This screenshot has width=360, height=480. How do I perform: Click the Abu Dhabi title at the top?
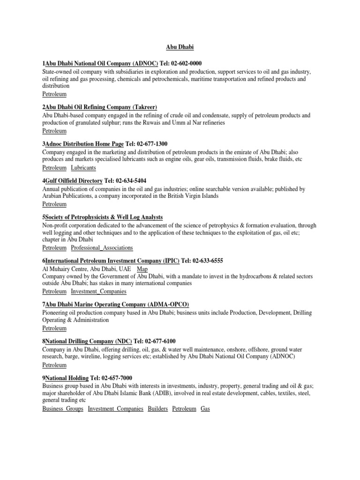coord(180,47)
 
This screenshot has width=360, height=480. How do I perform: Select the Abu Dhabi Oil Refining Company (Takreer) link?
coord(101,107)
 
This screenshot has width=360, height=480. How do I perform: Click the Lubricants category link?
coord(83,167)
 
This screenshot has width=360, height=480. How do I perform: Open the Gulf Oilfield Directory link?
coord(74,180)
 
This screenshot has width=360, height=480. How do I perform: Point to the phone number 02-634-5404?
coord(132,180)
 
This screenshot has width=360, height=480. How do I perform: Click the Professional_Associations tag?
coord(102,247)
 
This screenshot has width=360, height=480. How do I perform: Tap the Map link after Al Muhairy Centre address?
coord(142,269)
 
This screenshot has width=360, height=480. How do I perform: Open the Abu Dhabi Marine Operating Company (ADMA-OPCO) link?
coord(117,305)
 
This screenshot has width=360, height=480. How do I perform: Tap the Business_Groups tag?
coord(63,409)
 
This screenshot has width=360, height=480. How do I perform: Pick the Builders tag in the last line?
coord(157,409)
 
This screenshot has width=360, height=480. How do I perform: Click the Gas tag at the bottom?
coord(205,409)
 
